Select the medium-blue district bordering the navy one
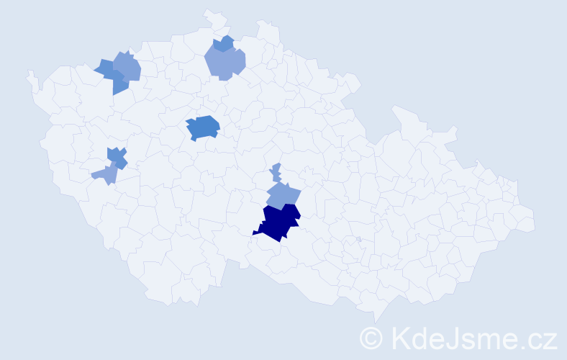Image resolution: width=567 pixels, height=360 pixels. point(283,195)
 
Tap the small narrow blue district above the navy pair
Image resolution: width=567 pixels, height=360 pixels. point(276,173)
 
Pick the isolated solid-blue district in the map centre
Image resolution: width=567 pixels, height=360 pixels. point(203,127)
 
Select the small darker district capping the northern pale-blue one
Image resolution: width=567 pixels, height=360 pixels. point(225,43)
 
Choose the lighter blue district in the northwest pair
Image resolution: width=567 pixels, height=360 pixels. point(128,68)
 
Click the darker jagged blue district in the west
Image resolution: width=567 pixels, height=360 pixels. point(117,157)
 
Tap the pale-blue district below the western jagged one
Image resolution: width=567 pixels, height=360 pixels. point(105,174)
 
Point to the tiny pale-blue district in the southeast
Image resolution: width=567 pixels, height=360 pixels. point(358,239)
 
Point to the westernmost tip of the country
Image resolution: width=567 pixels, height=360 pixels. point(28,73)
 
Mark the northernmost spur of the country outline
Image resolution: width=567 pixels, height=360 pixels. point(207,12)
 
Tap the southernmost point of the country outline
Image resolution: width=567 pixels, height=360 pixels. point(375,322)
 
